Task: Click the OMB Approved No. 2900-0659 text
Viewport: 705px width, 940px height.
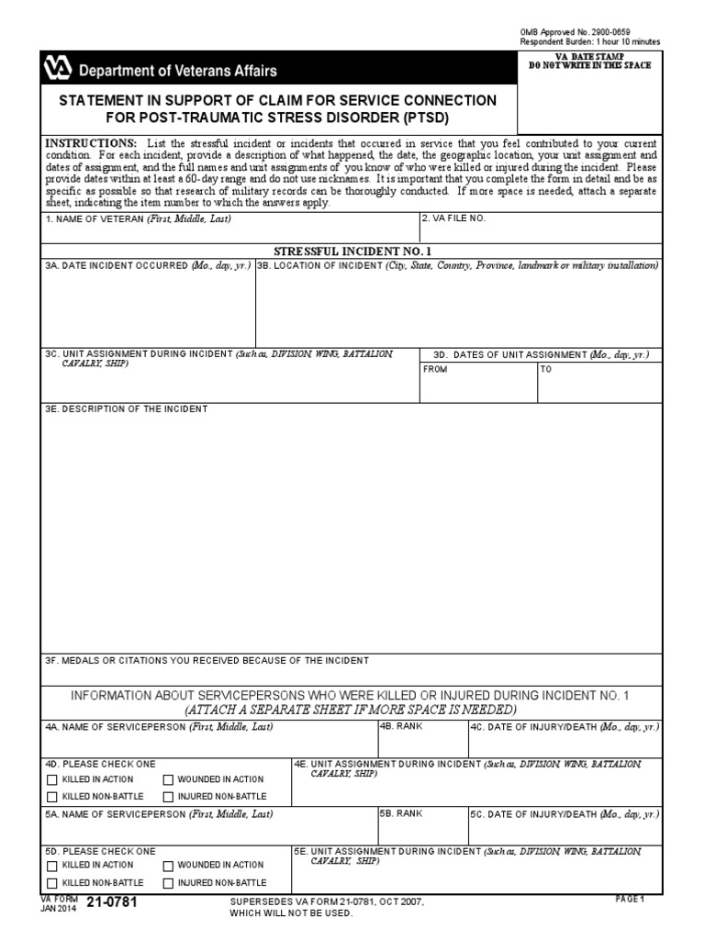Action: point(576,32)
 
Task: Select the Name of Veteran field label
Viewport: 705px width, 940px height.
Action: point(138,219)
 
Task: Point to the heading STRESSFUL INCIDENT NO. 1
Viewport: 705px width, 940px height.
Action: point(352,251)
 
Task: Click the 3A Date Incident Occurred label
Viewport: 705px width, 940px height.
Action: point(148,265)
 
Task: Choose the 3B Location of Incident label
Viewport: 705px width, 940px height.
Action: point(457,265)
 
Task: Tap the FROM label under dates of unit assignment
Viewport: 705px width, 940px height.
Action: point(434,370)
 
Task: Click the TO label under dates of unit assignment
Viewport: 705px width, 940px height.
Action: point(546,370)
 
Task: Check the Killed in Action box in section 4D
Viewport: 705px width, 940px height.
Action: point(51,779)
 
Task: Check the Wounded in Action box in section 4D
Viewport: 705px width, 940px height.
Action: point(168,779)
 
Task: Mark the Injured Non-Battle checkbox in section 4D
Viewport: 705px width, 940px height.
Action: point(168,797)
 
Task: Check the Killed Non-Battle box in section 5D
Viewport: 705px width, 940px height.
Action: point(51,883)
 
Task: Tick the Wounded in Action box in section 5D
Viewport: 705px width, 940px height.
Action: point(168,866)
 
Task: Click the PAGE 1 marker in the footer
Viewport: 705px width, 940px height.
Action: point(629,900)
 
